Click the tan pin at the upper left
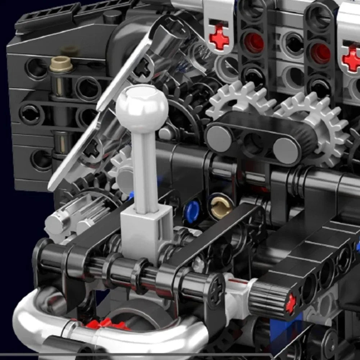click(x=61, y=64)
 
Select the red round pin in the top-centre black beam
click(x=254, y=43)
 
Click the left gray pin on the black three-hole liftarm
click(x=219, y=139)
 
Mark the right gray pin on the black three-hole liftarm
click(x=286, y=151)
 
